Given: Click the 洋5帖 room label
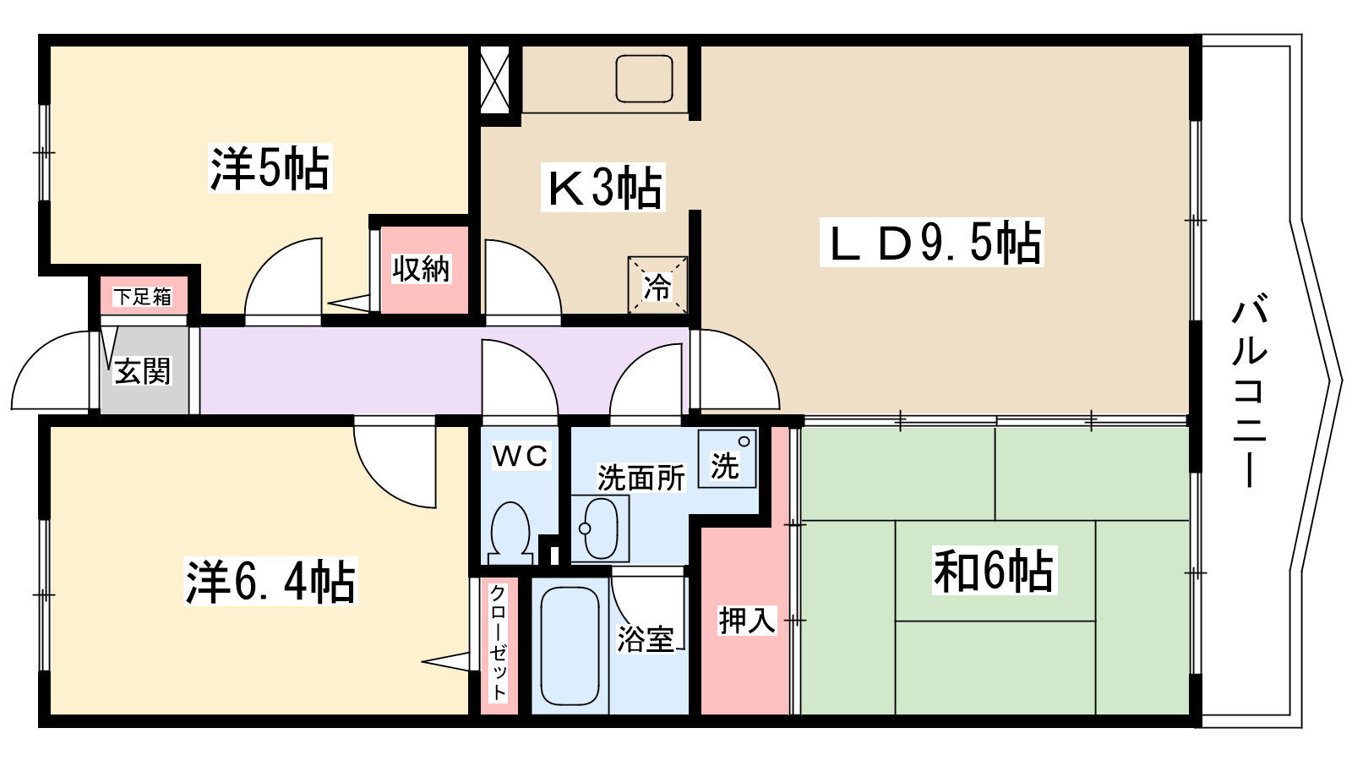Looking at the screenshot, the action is (270, 168).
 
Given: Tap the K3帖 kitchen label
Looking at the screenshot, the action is (603, 187).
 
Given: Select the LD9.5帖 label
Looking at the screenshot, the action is (932, 243).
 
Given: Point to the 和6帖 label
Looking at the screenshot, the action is (994, 571).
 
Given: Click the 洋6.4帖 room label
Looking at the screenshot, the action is (270, 581).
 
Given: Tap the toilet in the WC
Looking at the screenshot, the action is (511, 533).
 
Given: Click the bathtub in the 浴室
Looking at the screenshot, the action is (570, 645).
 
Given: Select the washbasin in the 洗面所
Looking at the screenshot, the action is (600, 528).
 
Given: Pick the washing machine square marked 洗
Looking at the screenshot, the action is (728, 458).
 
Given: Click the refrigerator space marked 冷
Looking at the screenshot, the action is (657, 285).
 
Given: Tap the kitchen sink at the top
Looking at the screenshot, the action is (644, 79).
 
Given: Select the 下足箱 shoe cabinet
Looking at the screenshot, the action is (143, 296).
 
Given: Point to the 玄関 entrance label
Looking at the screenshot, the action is (143, 370).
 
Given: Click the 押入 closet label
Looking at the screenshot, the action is (747, 620).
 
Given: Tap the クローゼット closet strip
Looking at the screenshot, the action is (499, 646).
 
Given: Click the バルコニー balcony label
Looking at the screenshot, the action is (1249, 391).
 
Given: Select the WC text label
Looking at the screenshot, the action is (521, 456).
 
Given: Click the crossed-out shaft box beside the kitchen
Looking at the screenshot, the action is (495, 79).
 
